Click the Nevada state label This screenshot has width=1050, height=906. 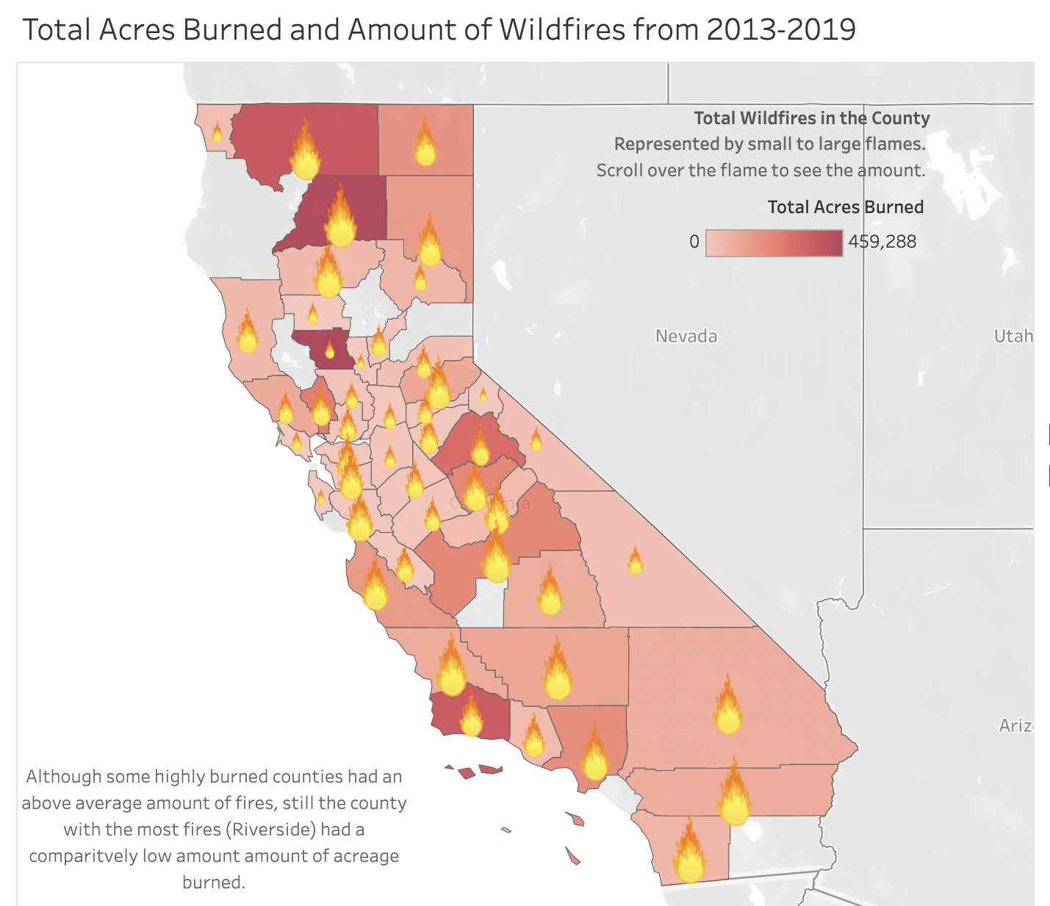coord(686,337)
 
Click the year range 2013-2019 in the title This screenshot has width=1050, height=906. coord(781,30)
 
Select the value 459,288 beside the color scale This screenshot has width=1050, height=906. coord(882,242)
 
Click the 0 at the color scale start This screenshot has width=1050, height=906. coord(694,242)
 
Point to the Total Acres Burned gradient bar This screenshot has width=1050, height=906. coord(774,242)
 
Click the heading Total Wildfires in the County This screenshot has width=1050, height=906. coord(811,118)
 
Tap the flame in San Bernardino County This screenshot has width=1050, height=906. coord(727,708)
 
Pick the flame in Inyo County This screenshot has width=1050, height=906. coord(635,561)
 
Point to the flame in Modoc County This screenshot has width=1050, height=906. coord(425,144)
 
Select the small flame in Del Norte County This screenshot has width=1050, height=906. coord(217,134)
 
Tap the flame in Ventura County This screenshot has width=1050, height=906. coord(470,716)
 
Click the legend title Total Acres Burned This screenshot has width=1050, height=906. coord(845,207)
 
